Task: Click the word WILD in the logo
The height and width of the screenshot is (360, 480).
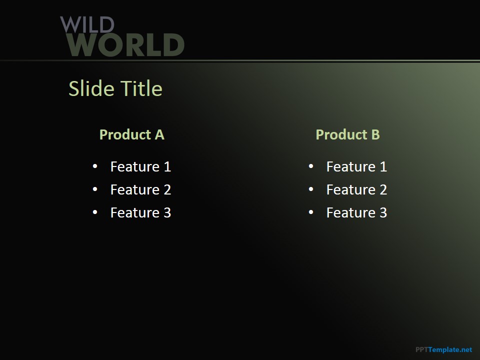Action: point(87,24)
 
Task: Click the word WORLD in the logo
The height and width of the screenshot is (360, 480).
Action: point(125,44)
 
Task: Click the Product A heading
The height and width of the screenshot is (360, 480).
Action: point(132,134)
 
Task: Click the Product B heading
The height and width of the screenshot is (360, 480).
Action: point(348,134)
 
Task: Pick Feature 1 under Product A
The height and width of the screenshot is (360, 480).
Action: point(141,167)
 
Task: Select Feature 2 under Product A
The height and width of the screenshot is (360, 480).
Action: point(141,190)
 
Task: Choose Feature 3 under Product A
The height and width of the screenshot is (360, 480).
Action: point(141,213)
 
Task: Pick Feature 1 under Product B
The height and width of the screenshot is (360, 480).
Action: point(356,167)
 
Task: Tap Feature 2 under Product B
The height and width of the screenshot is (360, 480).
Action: point(356,190)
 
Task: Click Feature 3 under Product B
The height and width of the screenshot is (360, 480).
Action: point(356,213)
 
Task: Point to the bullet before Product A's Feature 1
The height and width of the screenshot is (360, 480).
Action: point(95,166)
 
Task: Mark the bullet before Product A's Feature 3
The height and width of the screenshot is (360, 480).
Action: point(95,212)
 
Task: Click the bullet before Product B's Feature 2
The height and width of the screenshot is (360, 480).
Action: point(311,189)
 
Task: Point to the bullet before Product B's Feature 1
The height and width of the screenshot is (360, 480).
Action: point(311,166)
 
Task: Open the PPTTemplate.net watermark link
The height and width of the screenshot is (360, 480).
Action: point(444,349)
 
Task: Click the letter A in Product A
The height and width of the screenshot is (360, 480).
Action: point(159,134)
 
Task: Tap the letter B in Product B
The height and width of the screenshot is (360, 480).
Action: point(375,134)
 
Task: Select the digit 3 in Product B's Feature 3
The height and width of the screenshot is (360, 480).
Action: point(383,213)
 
